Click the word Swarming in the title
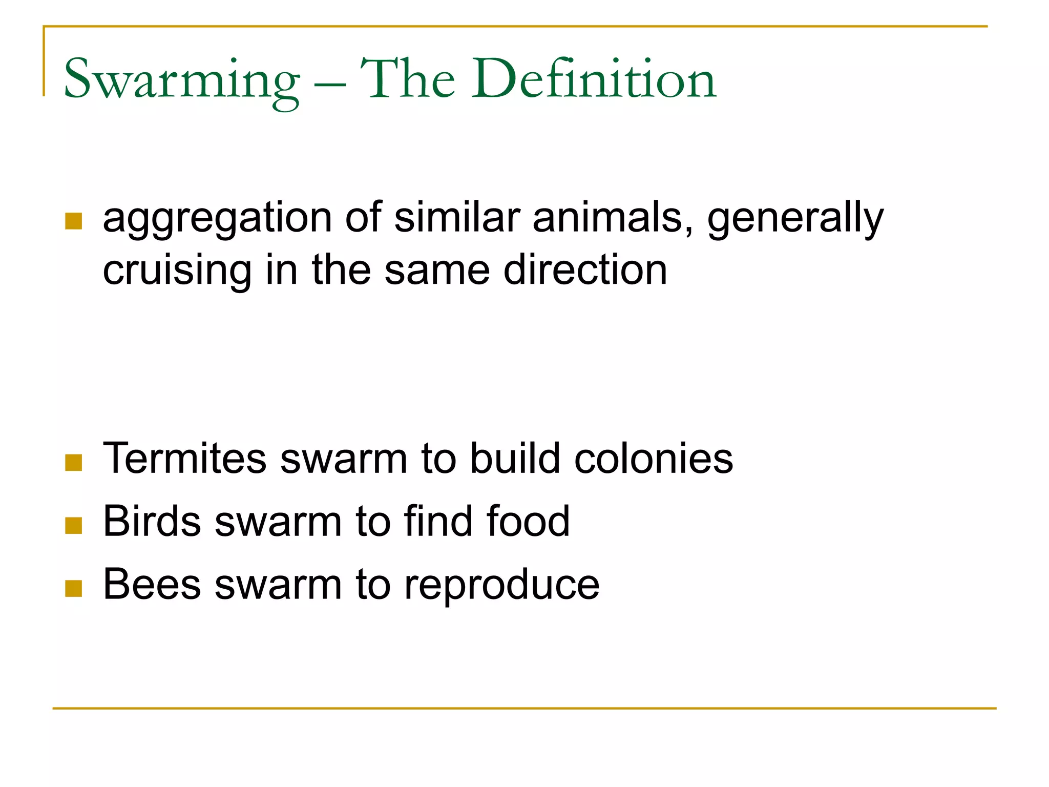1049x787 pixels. [x=181, y=81]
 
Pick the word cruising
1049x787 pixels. [x=177, y=271]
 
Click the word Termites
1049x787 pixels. [x=185, y=458]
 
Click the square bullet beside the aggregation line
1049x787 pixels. [x=74, y=221]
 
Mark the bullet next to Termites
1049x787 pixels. [x=74, y=462]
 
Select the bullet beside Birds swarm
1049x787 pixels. [x=74, y=525]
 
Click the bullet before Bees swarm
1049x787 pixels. [x=74, y=588]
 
